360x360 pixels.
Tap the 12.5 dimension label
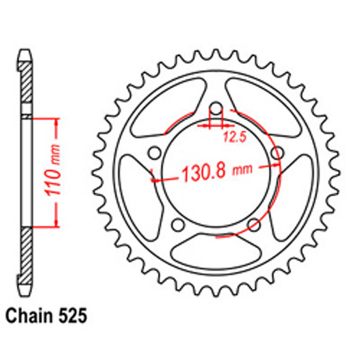pos(231,133)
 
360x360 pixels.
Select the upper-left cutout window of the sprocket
pos(159,112)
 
